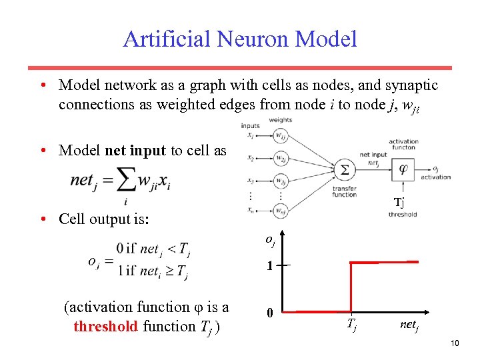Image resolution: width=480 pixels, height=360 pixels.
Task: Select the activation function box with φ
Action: [403, 169]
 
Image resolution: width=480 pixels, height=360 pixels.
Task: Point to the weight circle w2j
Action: [281, 159]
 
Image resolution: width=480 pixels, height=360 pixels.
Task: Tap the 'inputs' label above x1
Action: [251, 125]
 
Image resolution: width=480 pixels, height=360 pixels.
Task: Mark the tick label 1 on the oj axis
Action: [269, 265]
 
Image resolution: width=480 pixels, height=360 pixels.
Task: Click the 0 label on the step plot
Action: [269, 313]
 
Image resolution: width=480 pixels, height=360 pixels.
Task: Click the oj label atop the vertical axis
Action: [270, 239]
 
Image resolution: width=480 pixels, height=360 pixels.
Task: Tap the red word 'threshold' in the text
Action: [105, 326]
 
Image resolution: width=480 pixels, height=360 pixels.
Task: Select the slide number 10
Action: [455, 343]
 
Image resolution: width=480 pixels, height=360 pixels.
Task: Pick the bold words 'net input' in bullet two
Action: [135, 150]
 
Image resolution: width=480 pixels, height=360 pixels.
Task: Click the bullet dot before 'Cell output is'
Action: [42, 219]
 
